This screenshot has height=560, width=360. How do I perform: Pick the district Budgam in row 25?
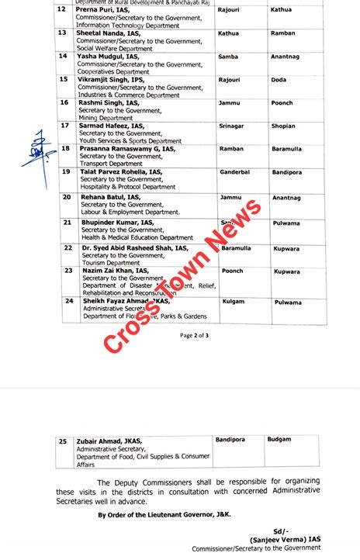tap(279, 440)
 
